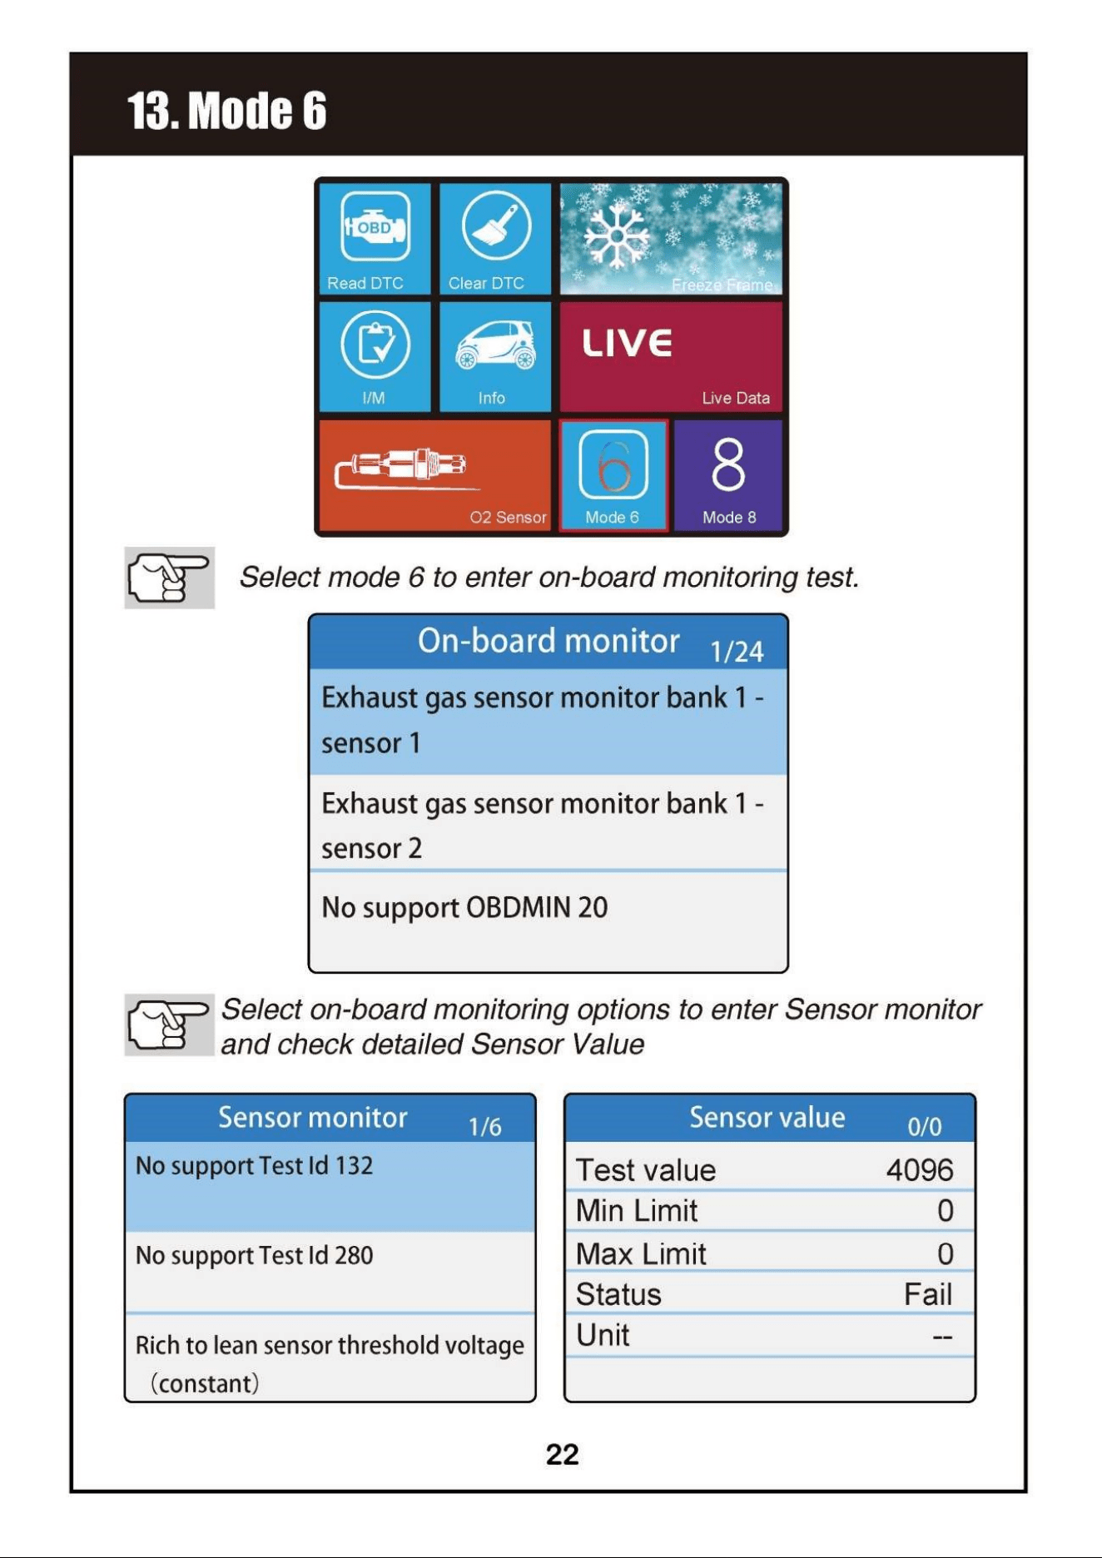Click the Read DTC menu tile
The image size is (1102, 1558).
pos(375,239)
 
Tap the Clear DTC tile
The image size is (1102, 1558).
pos(495,239)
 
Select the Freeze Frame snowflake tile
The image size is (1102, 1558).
pos(671,239)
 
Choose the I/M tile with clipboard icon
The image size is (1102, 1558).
pos(375,356)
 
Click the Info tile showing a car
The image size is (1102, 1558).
pos(495,356)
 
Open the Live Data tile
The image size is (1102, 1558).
pos(671,356)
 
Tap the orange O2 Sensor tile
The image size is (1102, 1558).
pos(435,474)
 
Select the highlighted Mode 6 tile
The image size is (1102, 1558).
pos(613,474)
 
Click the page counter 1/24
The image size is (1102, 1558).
pos(737,652)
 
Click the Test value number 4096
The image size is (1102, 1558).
pos(920,1170)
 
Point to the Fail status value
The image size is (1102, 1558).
pos(928,1294)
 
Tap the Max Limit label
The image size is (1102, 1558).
pos(641,1253)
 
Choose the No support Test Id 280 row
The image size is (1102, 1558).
pos(330,1272)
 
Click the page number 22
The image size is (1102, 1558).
pos(563,1454)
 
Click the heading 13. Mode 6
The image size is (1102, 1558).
pos(226,111)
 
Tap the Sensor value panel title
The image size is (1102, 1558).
pos(767,1117)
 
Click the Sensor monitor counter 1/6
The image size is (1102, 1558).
pos(484,1127)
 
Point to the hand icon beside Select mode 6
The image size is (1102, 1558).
pos(169,578)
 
